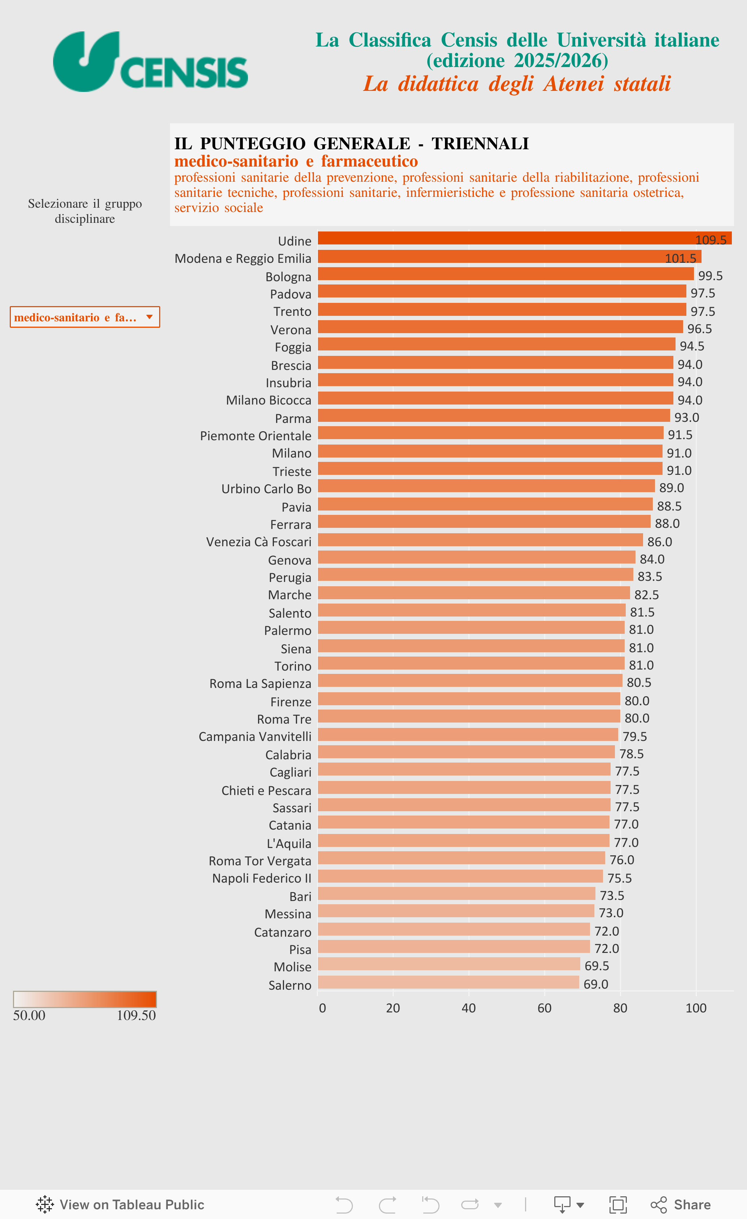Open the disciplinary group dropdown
[85, 317]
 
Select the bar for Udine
[495, 238]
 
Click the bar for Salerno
[448, 982]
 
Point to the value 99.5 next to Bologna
[710, 275]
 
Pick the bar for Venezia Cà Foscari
[480, 540]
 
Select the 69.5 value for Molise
[597, 966]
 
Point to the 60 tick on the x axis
[544, 1008]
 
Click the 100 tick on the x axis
[695, 1008]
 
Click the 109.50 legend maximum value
[136, 1016]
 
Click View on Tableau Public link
[120, 1205]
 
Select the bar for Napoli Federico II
[460, 876]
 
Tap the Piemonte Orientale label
[255, 436]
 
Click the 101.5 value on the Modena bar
[680, 258]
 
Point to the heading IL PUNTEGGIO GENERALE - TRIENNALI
[351, 143]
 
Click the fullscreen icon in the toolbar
[618, 1205]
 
